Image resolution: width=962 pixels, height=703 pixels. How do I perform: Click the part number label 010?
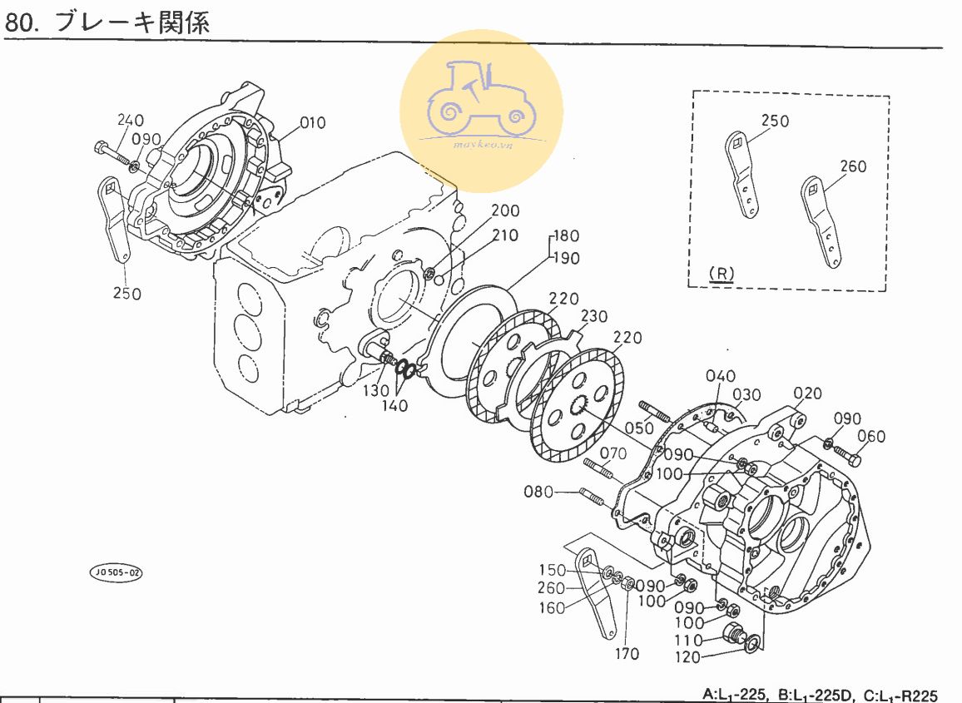[x=313, y=123]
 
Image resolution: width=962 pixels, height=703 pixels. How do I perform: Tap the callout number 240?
[x=131, y=120]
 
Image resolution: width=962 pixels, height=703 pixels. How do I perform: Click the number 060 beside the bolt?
[x=871, y=437]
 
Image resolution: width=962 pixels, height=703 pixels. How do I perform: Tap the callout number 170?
[x=627, y=654]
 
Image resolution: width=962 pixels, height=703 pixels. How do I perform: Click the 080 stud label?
[x=538, y=492]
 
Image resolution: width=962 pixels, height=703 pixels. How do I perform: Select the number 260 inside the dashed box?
[x=853, y=166]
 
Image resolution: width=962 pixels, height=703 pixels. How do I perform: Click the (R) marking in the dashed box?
[x=721, y=273]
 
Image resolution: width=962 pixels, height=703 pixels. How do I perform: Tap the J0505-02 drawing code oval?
[x=117, y=572]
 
